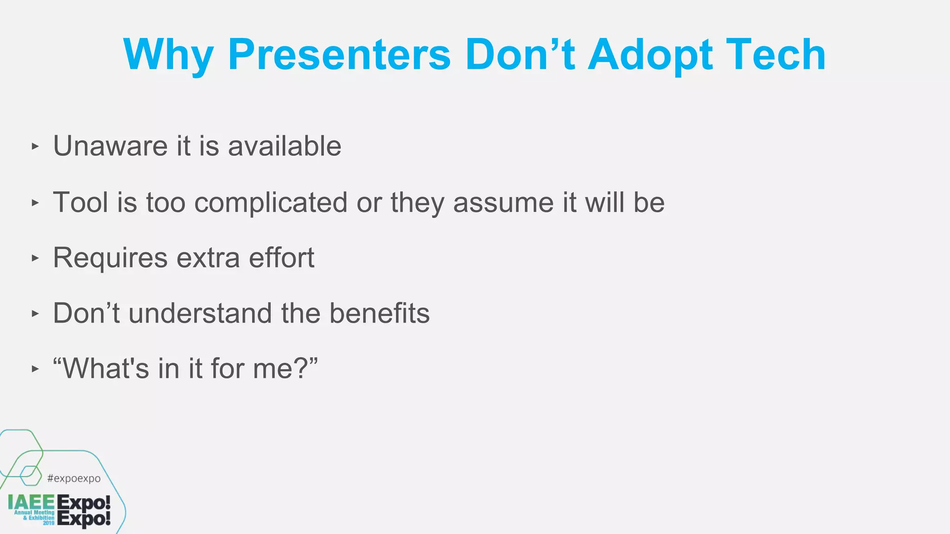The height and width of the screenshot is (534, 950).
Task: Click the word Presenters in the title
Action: pos(339,55)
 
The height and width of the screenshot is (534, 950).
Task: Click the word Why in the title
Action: pos(168,56)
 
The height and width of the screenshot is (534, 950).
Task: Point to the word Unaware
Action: pos(110,146)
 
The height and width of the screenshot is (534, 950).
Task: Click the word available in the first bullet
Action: pos(284,146)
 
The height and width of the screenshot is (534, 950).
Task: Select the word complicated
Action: pos(270,203)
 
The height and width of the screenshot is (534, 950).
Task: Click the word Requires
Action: pos(110,258)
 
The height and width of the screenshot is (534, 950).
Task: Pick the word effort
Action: pos(282,257)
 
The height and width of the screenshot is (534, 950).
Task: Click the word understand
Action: pos(200,313)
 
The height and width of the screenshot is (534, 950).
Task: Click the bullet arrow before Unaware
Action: pos(35,146)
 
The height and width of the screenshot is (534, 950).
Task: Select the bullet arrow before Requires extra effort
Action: pos(35,258)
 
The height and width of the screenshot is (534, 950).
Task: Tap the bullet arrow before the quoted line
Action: pos(35,369)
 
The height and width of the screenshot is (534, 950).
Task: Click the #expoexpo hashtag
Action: pos(74,478)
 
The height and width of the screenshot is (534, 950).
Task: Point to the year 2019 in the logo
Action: pos(49,523)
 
